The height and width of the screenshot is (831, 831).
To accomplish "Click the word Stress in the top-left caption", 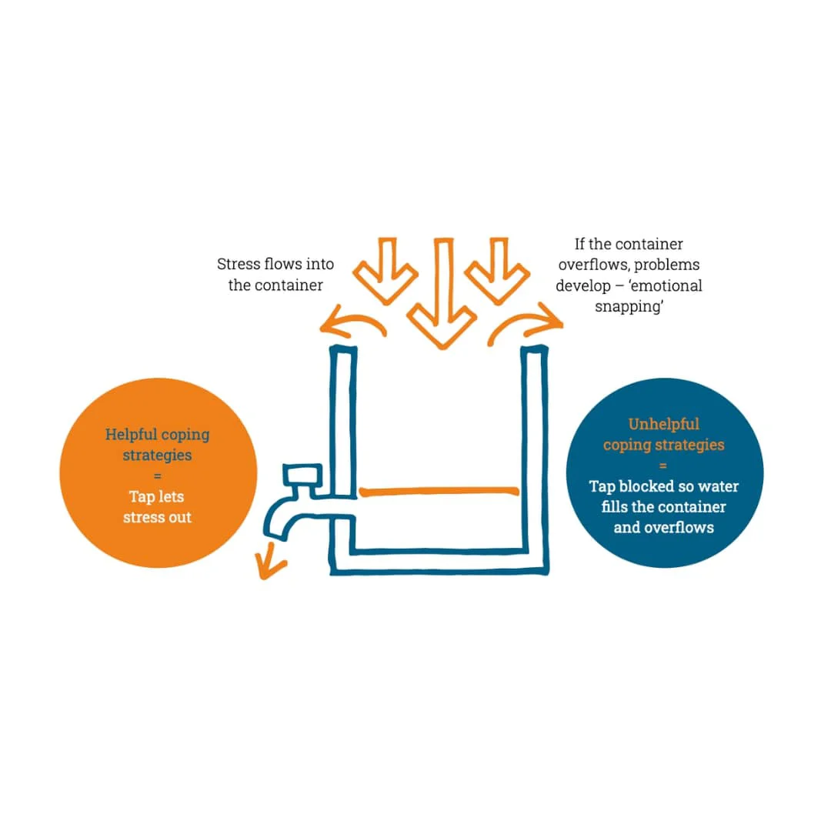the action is [238, 264].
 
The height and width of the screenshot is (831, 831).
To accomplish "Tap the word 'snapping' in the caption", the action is [629, 307].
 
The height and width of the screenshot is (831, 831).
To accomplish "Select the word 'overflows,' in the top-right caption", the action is [593, 265].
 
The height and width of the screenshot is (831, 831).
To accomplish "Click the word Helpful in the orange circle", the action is [131, 435].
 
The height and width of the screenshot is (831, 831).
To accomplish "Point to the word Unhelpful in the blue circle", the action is [663, 424].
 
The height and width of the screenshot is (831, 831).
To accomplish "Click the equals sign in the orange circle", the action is [157, 476].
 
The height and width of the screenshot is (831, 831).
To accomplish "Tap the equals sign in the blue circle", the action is [663, 466].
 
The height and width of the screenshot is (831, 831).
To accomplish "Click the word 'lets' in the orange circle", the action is [171, 496].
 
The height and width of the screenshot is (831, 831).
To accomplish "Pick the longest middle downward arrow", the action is [442, 294].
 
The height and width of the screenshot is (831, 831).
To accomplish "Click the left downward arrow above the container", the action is [385, 272].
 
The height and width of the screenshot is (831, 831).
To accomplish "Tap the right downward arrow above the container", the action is [497, 272].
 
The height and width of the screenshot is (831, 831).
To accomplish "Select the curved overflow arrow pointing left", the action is [353, 321].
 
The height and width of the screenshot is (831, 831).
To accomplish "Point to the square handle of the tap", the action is [302, 476].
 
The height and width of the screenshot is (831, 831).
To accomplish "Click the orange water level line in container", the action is [439, 491].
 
